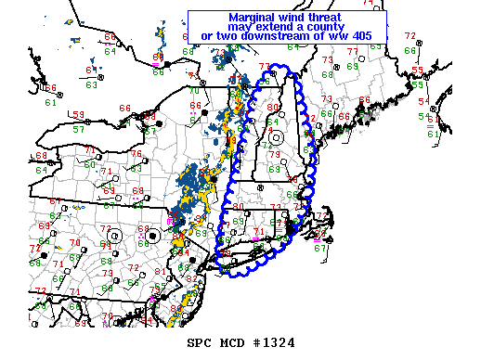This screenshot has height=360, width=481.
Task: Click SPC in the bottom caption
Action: click(200, 342)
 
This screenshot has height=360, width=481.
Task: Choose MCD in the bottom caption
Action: click(230, 342)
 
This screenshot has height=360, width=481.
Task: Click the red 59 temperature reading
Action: click(79, 114)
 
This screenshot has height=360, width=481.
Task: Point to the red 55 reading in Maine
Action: click(418, 70)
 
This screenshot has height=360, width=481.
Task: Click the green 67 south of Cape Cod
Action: click(320, 248)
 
